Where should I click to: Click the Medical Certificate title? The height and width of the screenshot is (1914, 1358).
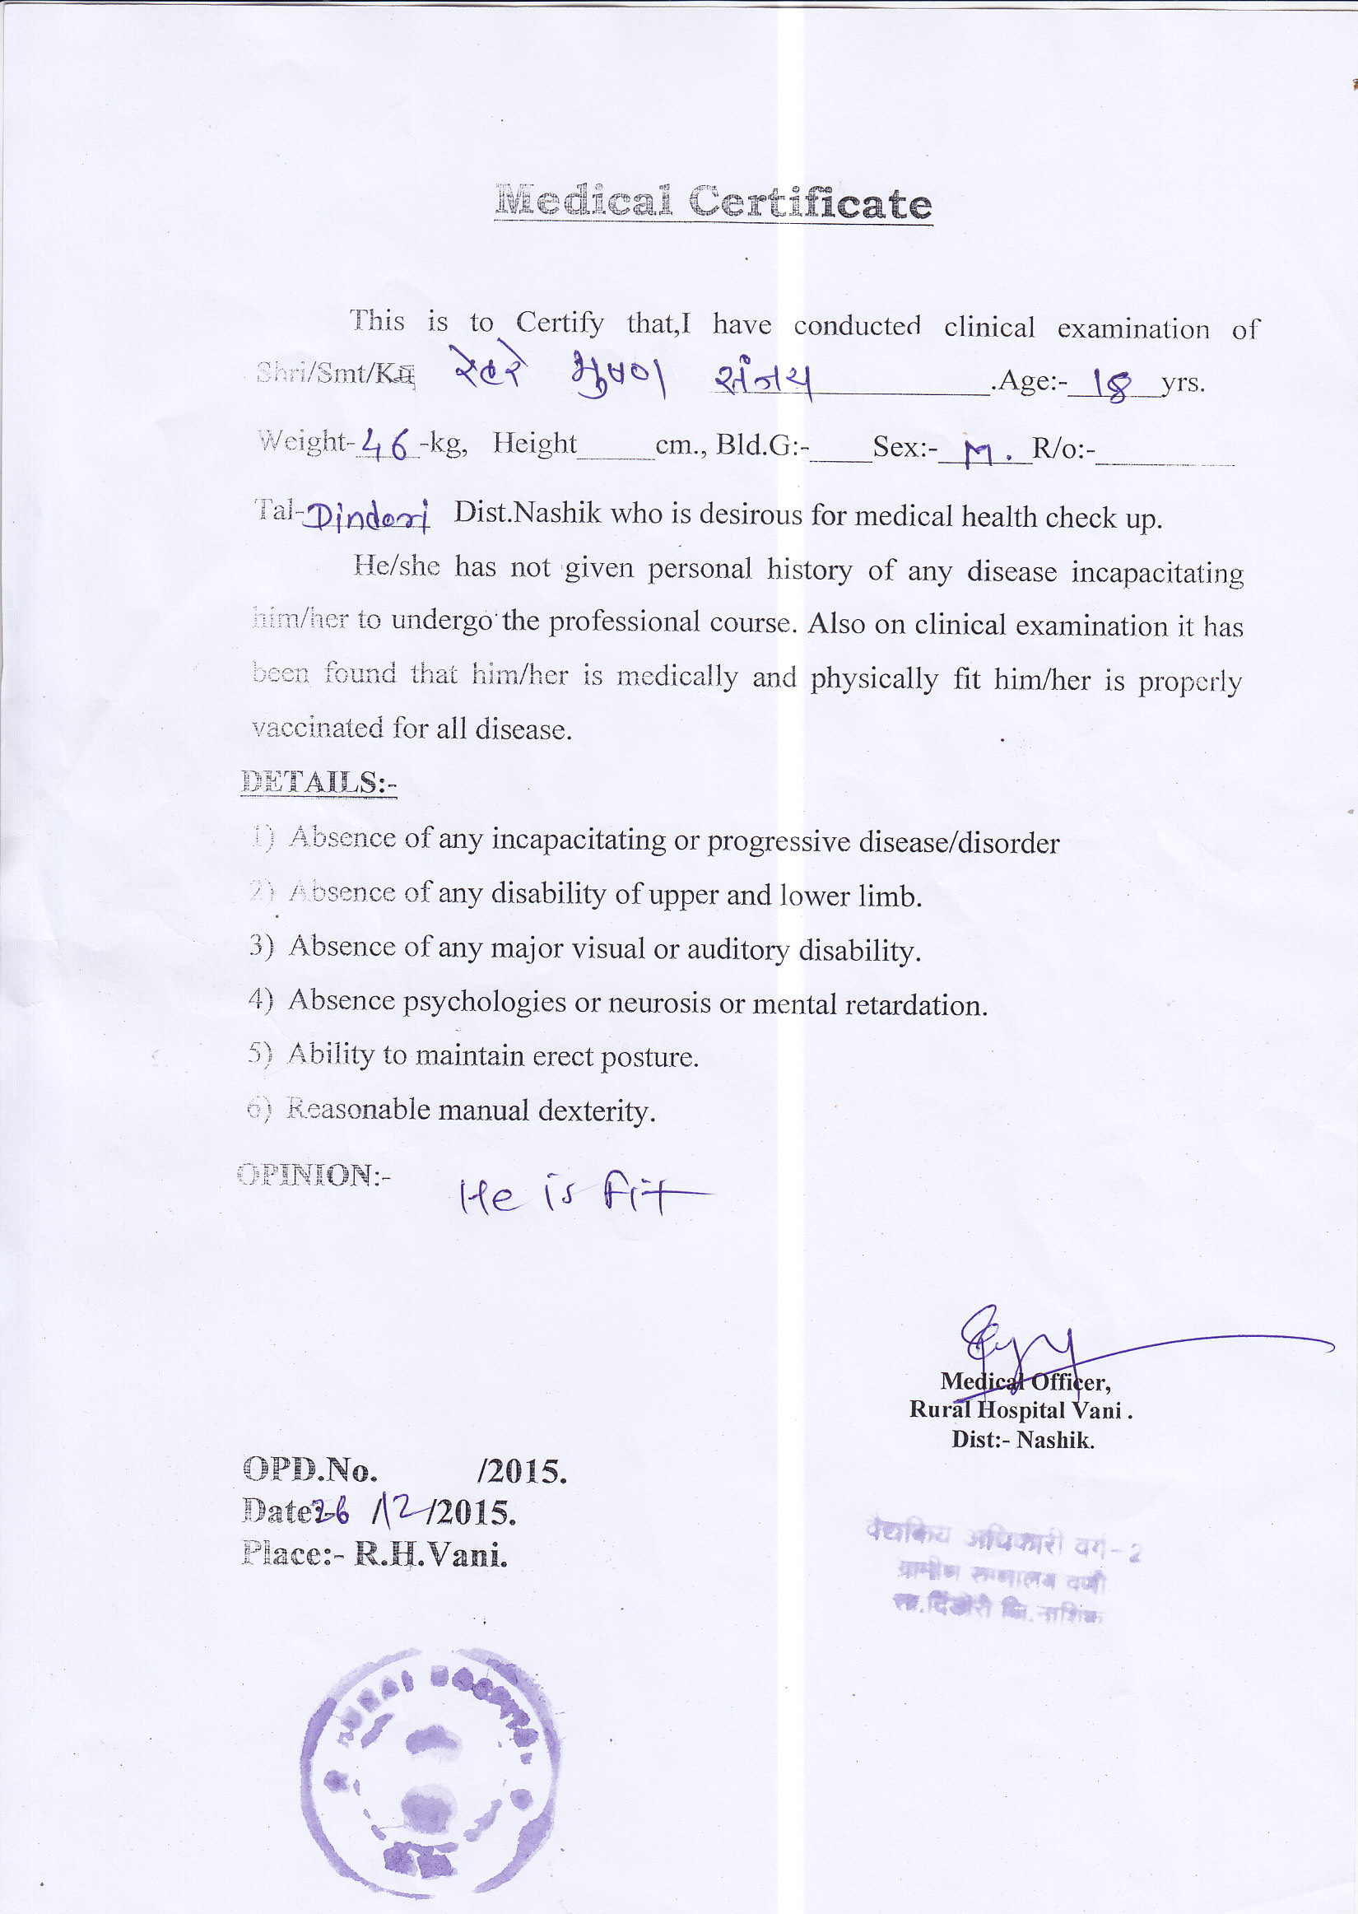713,203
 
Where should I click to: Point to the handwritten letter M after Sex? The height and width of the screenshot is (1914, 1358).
980,454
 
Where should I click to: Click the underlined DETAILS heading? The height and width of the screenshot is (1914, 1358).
318,783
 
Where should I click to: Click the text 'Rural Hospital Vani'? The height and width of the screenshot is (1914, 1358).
1021,1411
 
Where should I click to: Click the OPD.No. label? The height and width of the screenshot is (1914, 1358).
310,1469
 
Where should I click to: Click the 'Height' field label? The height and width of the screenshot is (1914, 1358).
533,443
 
